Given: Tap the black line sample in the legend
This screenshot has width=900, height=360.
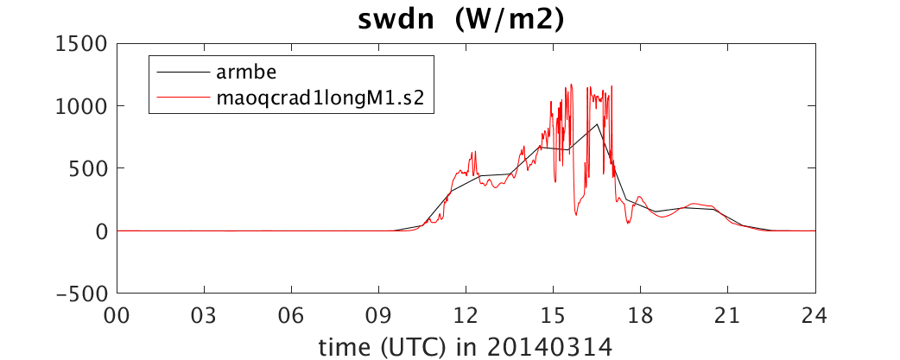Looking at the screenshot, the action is (182, 73).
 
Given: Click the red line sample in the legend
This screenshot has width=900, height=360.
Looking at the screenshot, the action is (182, 98).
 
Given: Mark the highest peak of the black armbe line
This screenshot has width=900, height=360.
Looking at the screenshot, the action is (598, 123).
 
